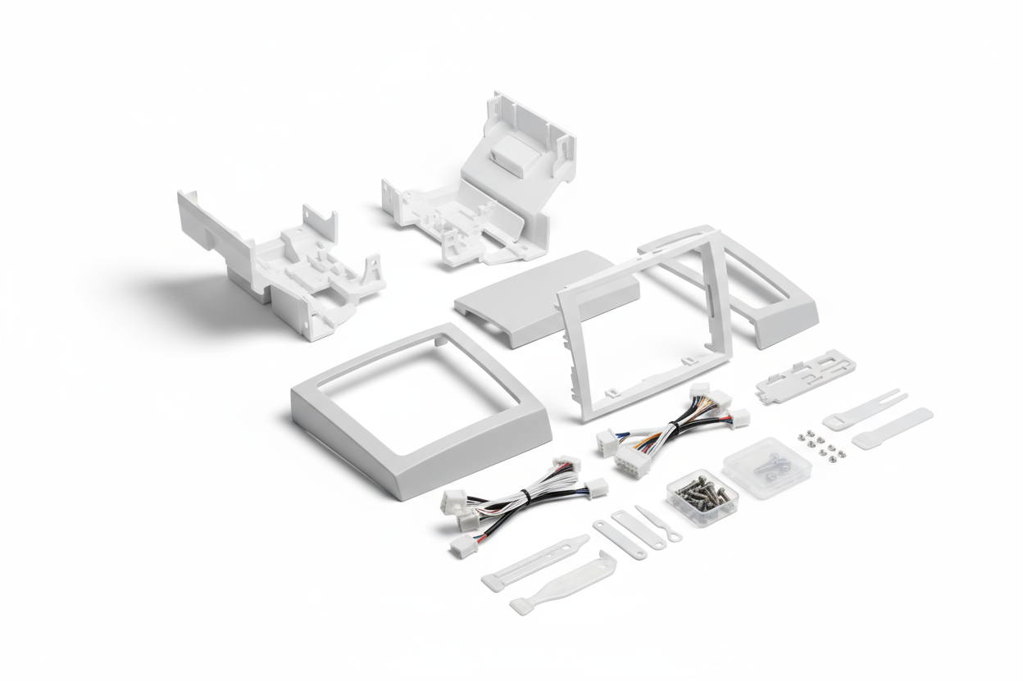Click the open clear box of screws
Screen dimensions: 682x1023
[702, 494]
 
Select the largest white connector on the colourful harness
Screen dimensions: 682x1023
[632, 460]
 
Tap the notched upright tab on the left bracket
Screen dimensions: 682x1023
[321, 221]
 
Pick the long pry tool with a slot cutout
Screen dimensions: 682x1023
[534, 562]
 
